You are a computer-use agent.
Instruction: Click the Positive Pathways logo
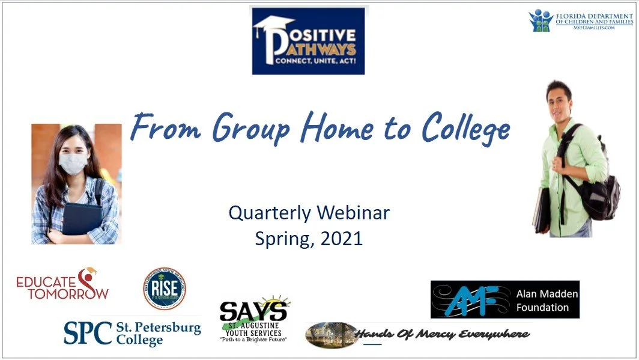pos(308,41)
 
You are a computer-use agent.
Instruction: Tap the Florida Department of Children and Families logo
pos(581,20)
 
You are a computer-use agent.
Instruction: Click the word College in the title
pos(465,128)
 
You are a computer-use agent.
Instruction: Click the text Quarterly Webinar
pos(309,213)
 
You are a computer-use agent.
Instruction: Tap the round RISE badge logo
pos(164,288)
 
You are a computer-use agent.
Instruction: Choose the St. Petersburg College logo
pos(132,332)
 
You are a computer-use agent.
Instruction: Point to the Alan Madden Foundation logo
pos(504,299)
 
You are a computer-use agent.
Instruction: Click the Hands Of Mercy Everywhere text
pos(442,334)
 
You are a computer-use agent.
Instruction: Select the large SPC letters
pos(88,332)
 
